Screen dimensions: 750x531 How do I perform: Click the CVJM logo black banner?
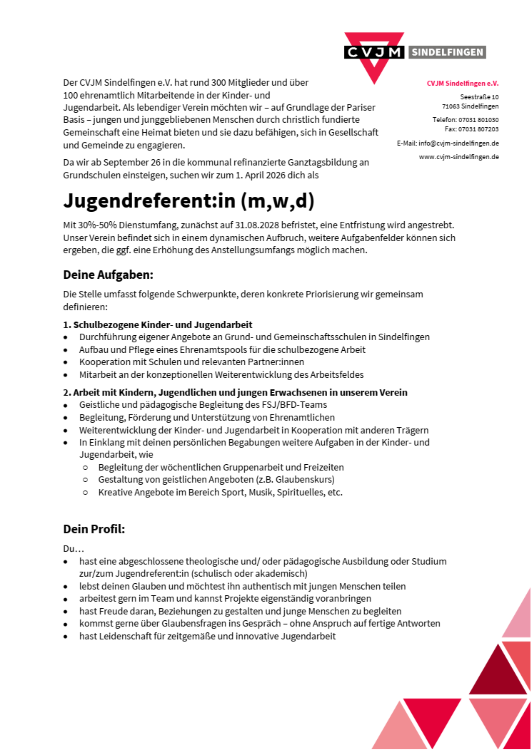tap(374, 52)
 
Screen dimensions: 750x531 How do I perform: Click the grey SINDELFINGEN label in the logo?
tap(447, 52)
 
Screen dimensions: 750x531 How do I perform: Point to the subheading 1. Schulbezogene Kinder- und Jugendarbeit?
tap(158, 325)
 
